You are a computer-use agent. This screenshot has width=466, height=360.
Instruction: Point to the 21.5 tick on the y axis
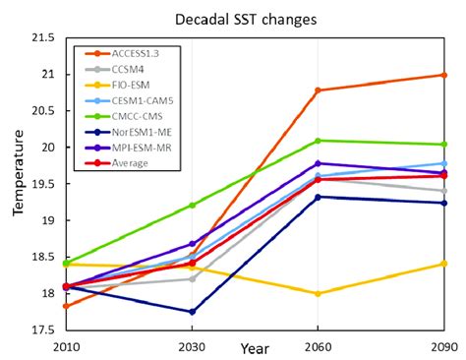[x=41, y=38]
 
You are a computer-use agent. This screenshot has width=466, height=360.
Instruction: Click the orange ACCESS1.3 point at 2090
[x=443, y=75]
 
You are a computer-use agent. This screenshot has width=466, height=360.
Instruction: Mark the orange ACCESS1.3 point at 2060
[x=317, y=90]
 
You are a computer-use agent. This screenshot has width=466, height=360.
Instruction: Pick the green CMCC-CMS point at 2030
[x=192, y=205]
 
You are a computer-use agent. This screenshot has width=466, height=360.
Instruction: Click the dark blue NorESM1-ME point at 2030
[x=192, y=312]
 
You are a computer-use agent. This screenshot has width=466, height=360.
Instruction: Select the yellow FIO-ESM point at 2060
[x=317, y=294]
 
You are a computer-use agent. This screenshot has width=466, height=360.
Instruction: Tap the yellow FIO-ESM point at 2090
[x=443, y=264]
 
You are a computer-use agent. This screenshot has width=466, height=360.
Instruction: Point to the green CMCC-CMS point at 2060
[x=317, y=141]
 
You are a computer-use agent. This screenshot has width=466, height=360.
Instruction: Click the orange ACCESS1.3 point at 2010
[x=66, y=307]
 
